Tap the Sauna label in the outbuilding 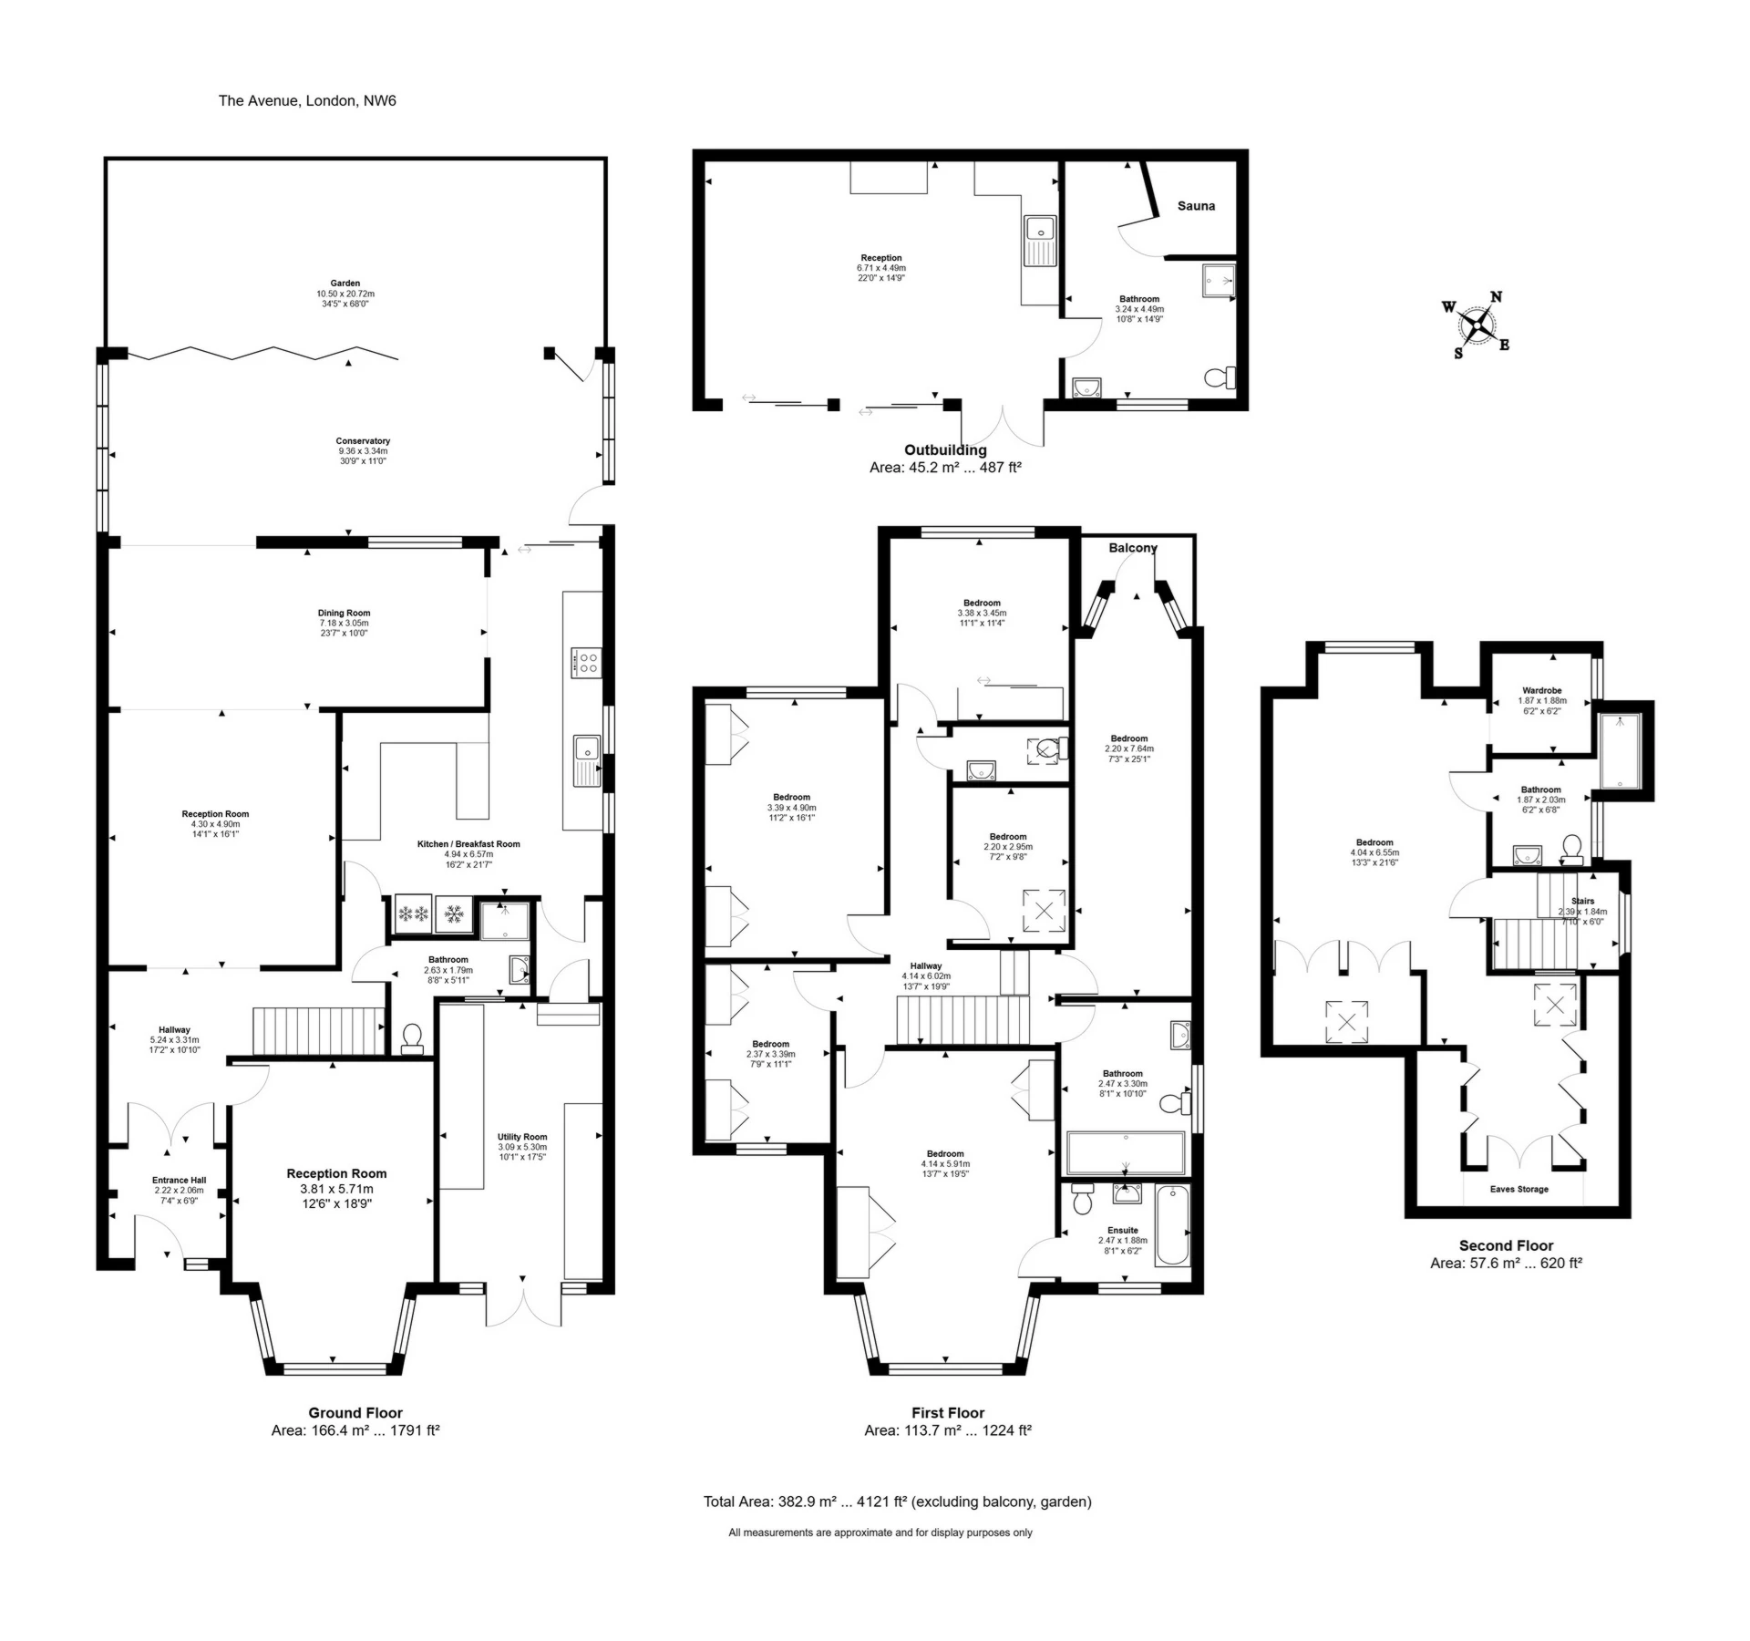pyautogui.click(x=1196, y=206)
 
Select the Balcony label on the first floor pyautogui.click(x=1132, y=548)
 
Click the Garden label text pyautogui.click(x=345, y=284)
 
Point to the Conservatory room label pyautogui.click(x=363, y=441)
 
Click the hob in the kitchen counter pyautogui.click(x=585, y=663)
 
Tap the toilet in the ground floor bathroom pyautogui.click(x=412, y=1038)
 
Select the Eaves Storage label pyautogui.click(x=1519, y=1189)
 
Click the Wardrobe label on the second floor pyautogui.click(x=1541, y=690)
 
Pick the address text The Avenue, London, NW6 pyautogui.click(x=307, y=100)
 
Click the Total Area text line pyautogui.click(x=897, y=1502)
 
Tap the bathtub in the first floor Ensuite pyautogui.click(x=1172, y=1225)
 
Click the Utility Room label pyautogui.click(x=522, y=1137)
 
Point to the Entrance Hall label pyautogui.click(x=179, y=1180)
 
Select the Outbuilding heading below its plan pyautogui.click(x=945, y=449)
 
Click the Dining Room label pyautogui.click(x=344, y=614)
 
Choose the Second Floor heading pyautogui.click(x=1506, y=1245)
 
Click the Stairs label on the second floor pyautogui.click(x=1582, y=901)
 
